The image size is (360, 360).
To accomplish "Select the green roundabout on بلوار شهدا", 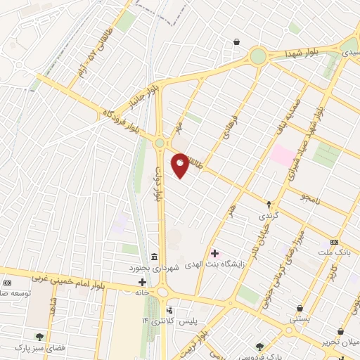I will pos(258,56).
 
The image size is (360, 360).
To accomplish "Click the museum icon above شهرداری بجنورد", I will pos(154,255).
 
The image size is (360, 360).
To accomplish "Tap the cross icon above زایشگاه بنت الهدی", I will pos(214,252).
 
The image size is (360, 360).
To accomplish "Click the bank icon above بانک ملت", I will pos(344,241).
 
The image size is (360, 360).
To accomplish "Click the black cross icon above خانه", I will pos(142,281).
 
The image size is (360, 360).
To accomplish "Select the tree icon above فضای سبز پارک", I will pos(39,337).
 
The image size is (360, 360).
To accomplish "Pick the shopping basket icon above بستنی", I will pos(300,308).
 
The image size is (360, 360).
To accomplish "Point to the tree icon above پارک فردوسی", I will pos(260,347).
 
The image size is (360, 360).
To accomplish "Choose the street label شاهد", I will pos(51,305).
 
